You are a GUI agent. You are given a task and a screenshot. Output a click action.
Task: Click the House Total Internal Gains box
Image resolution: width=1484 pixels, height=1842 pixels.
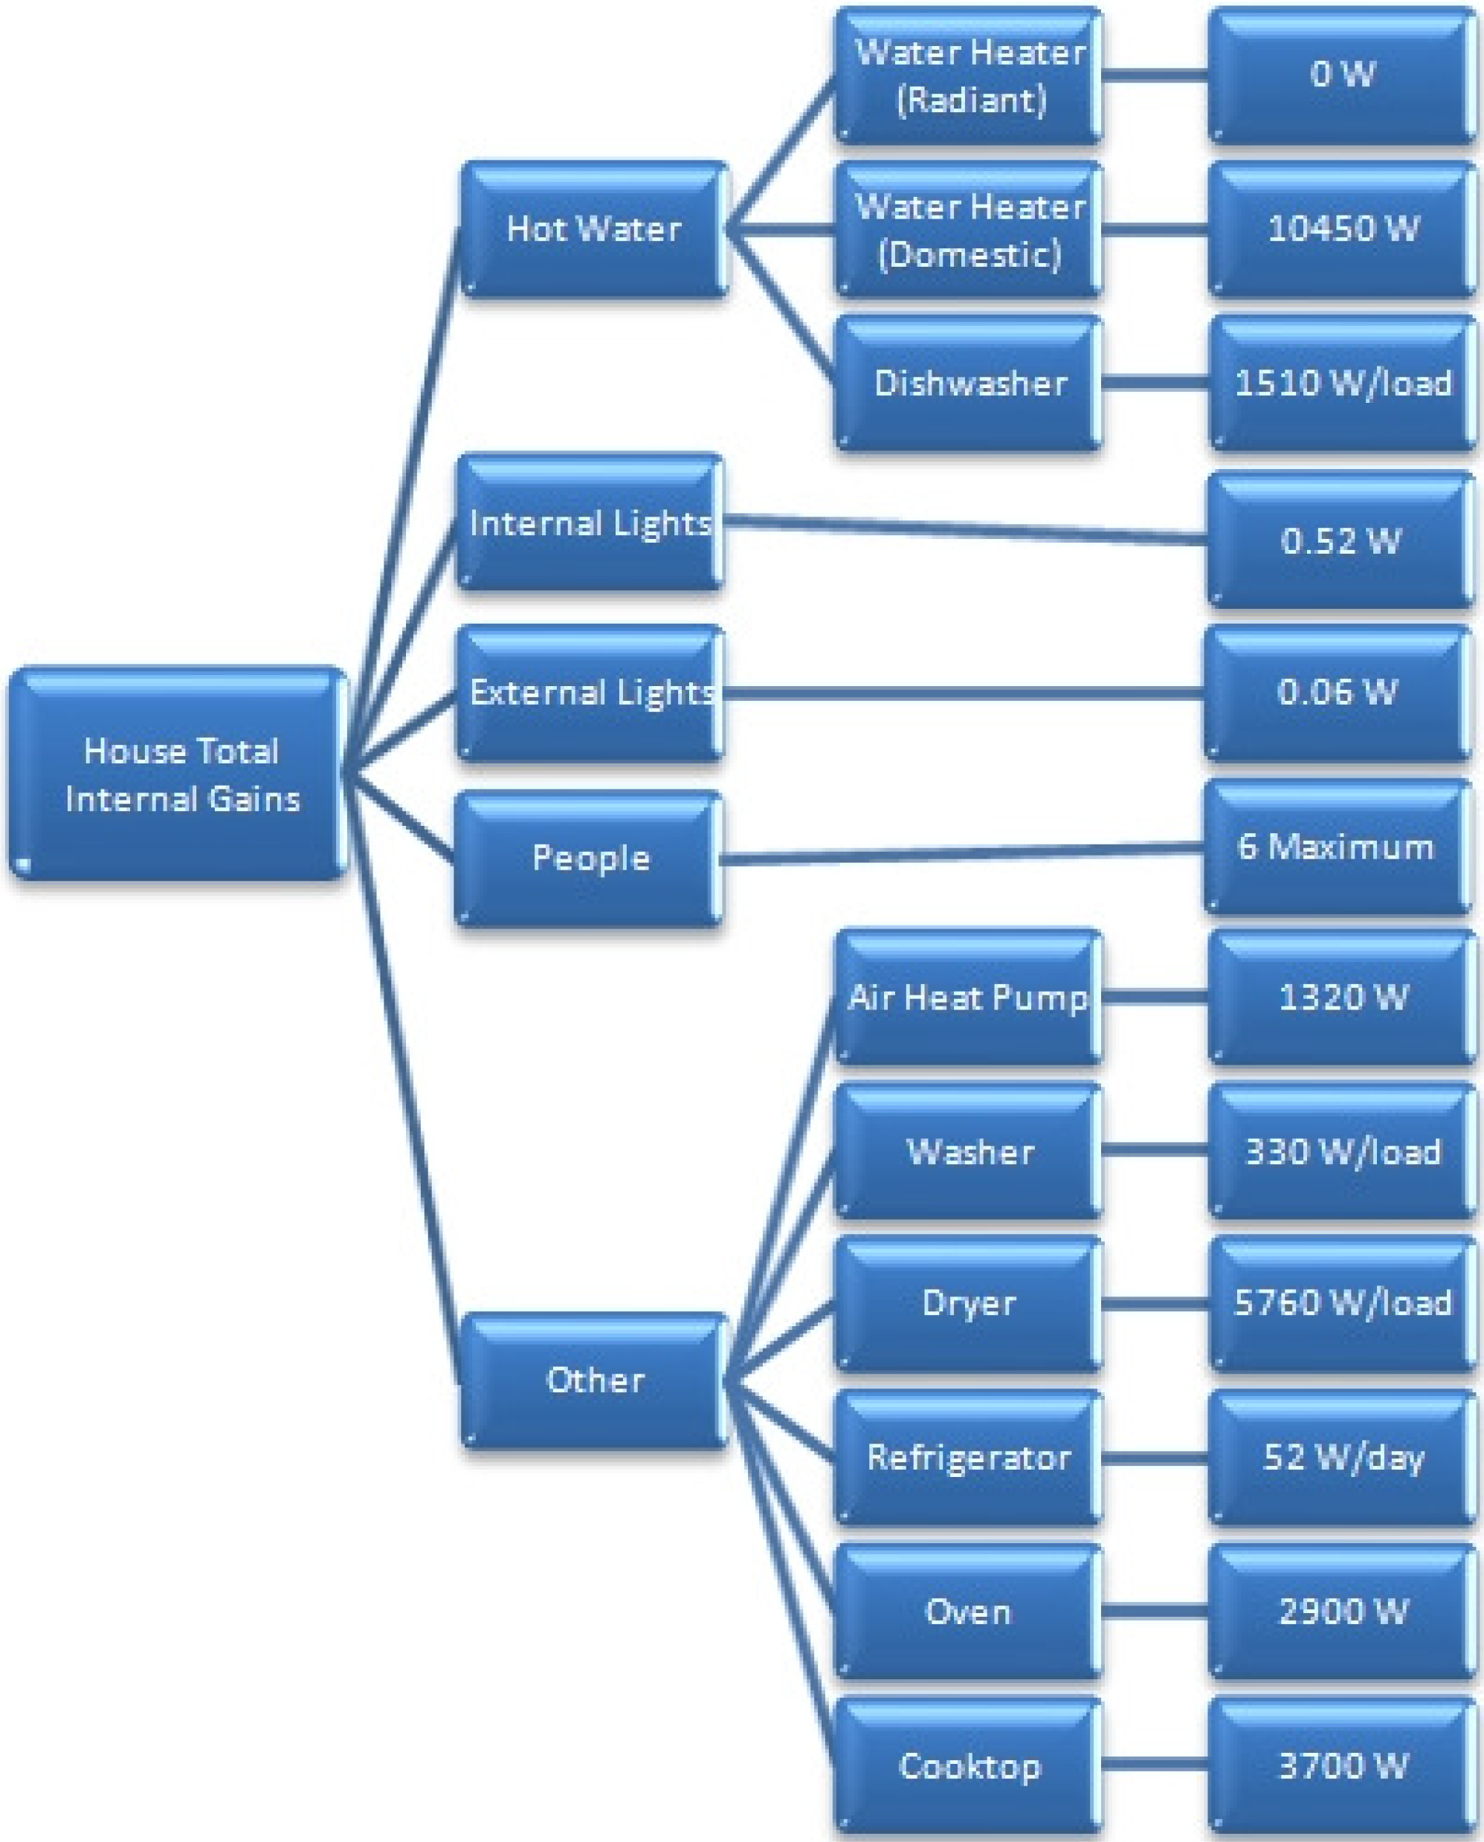(x=178, y=774)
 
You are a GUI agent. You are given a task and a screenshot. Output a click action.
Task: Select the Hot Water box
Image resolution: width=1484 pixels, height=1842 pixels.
(x=594, y=229)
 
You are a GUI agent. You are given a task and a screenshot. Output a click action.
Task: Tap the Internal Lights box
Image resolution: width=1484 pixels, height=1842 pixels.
(x=590, y=523)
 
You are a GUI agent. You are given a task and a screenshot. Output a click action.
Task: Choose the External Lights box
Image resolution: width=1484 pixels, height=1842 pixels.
(x=590, y=692)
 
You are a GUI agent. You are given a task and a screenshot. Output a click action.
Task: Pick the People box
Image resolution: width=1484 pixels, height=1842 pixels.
(x=590, y=858)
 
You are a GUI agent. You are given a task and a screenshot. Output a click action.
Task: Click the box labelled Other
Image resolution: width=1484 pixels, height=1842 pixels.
(x=594, y=1380)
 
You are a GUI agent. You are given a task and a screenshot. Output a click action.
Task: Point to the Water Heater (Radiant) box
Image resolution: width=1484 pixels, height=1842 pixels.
(x=969, y=75)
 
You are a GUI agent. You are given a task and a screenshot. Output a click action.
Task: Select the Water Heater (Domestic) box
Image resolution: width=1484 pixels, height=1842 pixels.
(x=969, y=229)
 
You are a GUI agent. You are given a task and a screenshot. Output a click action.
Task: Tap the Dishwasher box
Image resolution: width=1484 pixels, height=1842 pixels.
(x=969, y=383)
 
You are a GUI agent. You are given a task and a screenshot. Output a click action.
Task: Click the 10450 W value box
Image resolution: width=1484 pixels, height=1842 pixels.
(x=1342, y=229)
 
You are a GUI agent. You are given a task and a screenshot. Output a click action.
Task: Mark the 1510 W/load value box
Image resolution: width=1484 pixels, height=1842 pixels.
(x=1342, y=383)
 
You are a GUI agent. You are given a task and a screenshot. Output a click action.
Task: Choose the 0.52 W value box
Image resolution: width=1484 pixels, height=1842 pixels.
(x=1341, y=540)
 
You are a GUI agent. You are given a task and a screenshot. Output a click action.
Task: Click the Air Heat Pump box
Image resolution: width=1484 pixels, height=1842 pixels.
(x=969, y=997)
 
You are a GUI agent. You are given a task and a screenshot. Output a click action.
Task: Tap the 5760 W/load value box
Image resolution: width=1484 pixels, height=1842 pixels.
(x=1342, y=1304)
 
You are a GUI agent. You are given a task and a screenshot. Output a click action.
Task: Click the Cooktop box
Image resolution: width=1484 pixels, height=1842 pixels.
(x=969, y=1766)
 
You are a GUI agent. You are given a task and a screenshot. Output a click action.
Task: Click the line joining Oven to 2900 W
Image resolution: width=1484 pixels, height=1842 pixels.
(x=1154, y=1612)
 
